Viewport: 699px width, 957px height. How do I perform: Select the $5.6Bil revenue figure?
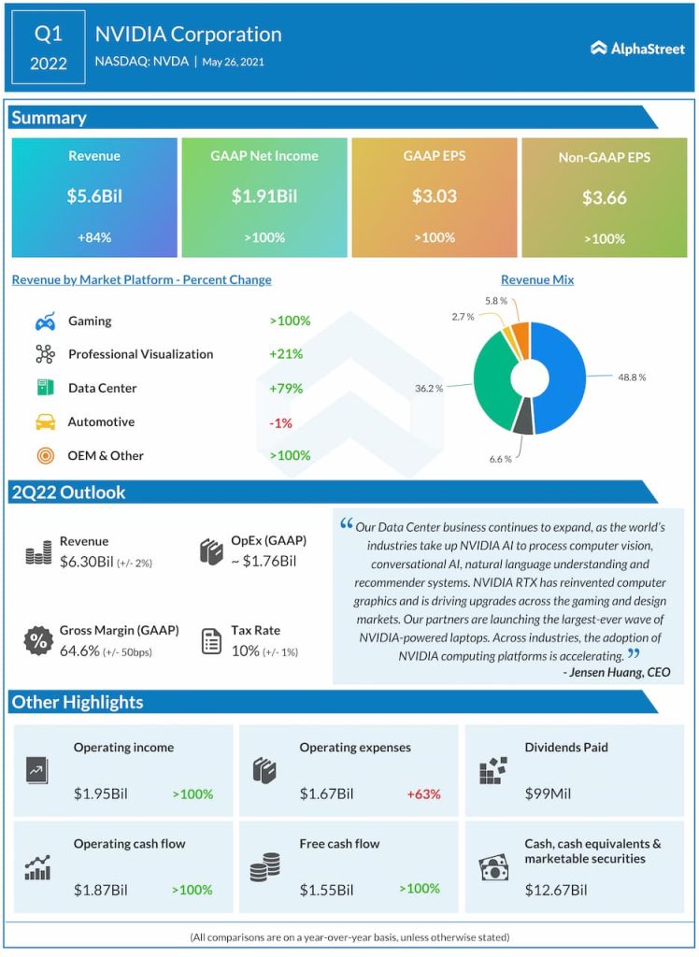click(94, 197)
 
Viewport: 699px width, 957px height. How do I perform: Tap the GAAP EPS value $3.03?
click(435, 196)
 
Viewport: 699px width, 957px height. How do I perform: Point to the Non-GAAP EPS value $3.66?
click(605, 197)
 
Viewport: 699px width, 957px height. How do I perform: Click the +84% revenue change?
click(94, 237)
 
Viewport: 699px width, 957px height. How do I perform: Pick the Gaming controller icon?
click(45, 321)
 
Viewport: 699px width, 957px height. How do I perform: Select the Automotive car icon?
click(45, 422)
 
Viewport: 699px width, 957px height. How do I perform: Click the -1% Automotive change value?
click(280, 422)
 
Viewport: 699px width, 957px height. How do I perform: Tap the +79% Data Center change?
click(287, 389)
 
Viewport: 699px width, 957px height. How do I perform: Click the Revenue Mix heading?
click(537, 279)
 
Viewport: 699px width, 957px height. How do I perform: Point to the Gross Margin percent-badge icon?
click(38, 641)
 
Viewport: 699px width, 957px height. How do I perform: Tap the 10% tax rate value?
click(245, 650)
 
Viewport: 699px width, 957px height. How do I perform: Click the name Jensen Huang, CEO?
click(616, 672)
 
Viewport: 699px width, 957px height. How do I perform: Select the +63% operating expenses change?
click(423, 794)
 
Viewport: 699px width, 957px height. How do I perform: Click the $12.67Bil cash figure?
click(556, 890)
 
